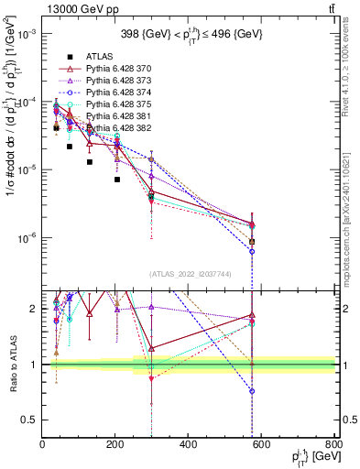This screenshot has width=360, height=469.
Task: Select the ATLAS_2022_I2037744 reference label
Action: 189,274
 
